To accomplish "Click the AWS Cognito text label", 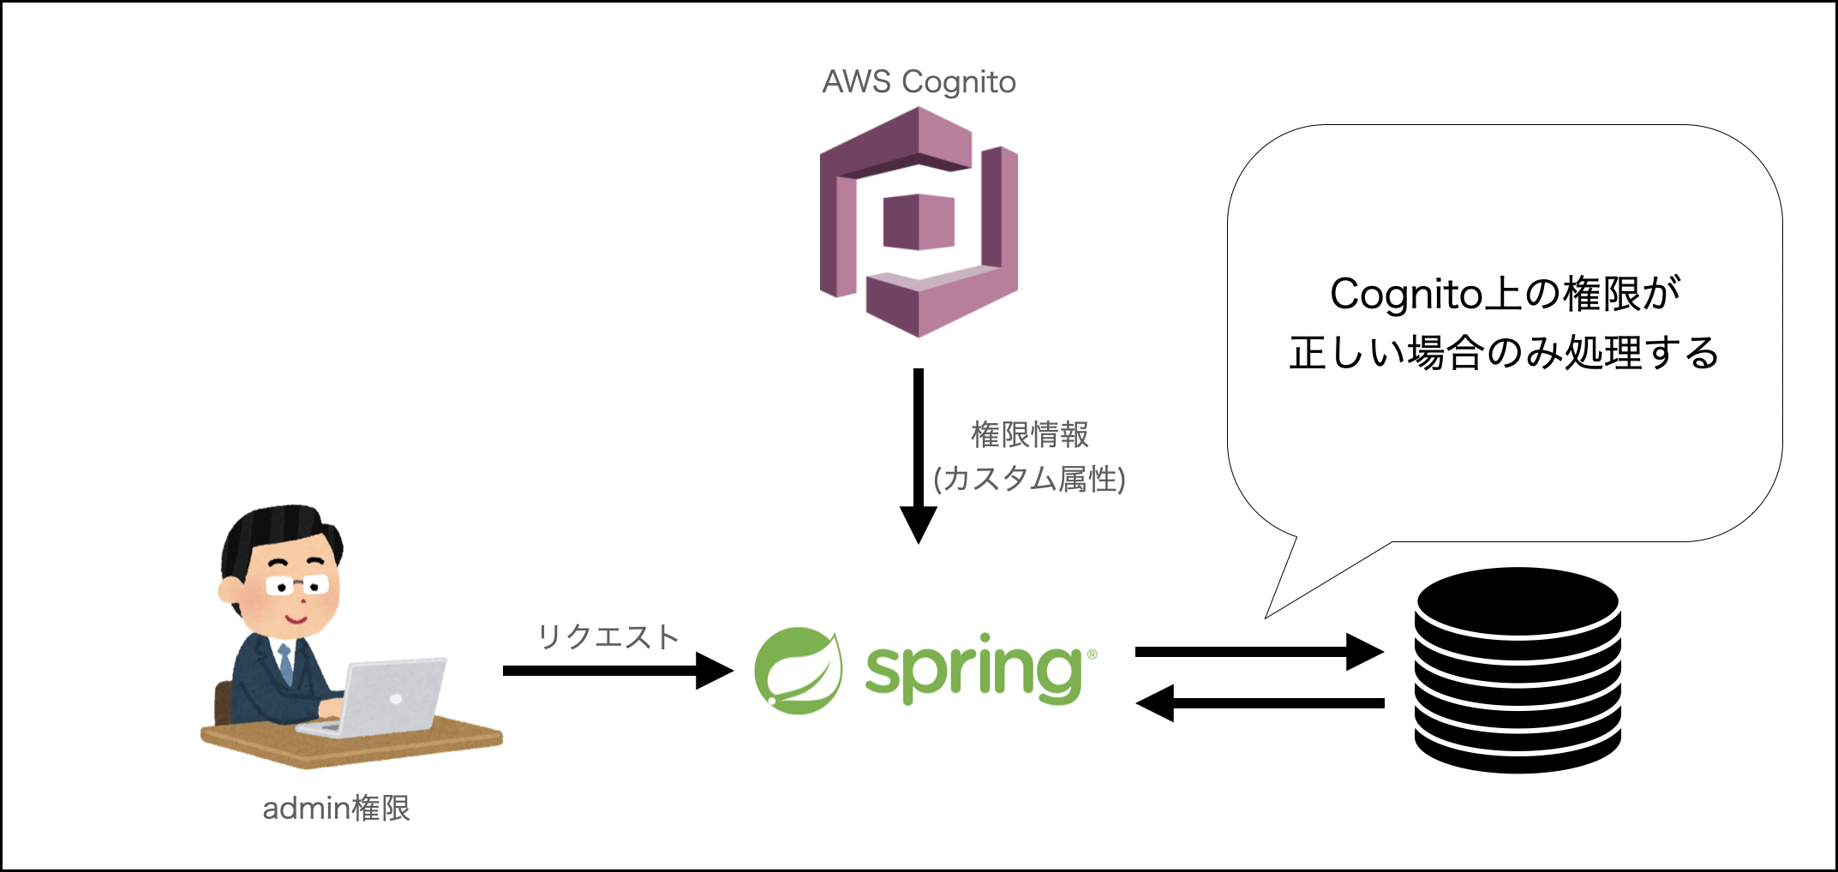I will point(919,82).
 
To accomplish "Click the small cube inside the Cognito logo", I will point(919,222).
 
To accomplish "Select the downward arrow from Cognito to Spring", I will point(919,454).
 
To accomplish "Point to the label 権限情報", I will point(1029,434).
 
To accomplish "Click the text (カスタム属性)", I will point(1029,479).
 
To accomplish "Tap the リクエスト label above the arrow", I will point(608,636).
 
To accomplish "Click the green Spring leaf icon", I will point(798,670).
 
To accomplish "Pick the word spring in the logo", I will point(973,672).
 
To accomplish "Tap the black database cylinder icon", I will point(1518,670).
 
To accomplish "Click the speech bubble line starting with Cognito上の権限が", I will point(1505,294).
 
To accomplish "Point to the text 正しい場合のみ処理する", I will point(1505,353).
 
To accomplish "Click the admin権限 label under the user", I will point(336,808).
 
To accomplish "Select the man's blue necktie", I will point(285,663).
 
